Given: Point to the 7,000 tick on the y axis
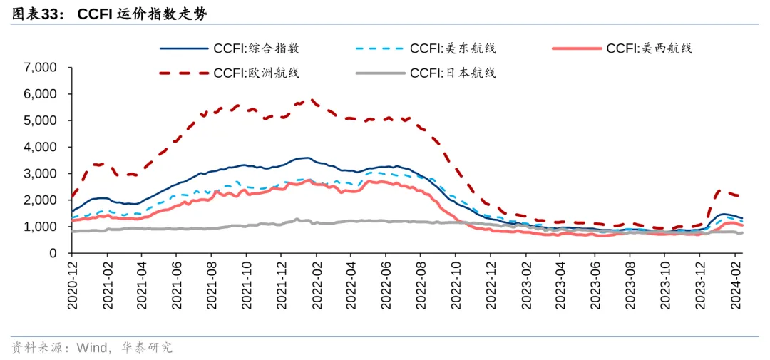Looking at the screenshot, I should coord(40,68).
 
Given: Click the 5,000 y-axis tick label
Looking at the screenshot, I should coord(40,120).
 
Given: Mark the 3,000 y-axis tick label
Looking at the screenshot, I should coord(40,173).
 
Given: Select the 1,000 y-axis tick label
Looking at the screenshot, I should coord(40,227).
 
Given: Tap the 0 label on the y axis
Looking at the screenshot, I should coord(53,253).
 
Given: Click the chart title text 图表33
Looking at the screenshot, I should coord(36,14).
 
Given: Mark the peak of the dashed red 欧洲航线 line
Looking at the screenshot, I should coord(312,100).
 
